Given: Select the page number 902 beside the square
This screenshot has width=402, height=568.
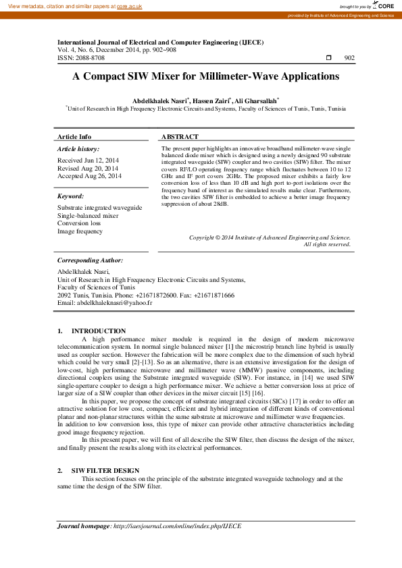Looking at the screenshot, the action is pyautogui.click(x=349, y=59).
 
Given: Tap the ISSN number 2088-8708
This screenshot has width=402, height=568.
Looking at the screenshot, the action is pyautogui.click(x=90, y=58).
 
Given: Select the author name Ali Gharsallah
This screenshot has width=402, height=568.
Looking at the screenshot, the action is pyautogui.click(x=256, y=100).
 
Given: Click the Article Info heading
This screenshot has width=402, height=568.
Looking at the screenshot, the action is pyautogui.click(x=74, y=136).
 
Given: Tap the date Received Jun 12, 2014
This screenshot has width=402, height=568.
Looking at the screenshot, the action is pyautogui.click(x=88, y=161).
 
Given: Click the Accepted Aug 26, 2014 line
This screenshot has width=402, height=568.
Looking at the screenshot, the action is pyautogui.click(x=89, y=175).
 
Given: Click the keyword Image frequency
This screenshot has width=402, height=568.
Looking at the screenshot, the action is pyautogui.click(x=80, y=231).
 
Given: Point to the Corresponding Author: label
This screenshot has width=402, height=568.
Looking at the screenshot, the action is pyautogui.click(x=90, y=260).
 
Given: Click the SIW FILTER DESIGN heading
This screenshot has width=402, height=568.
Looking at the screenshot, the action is pyautogui.click(x=105, y=470).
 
